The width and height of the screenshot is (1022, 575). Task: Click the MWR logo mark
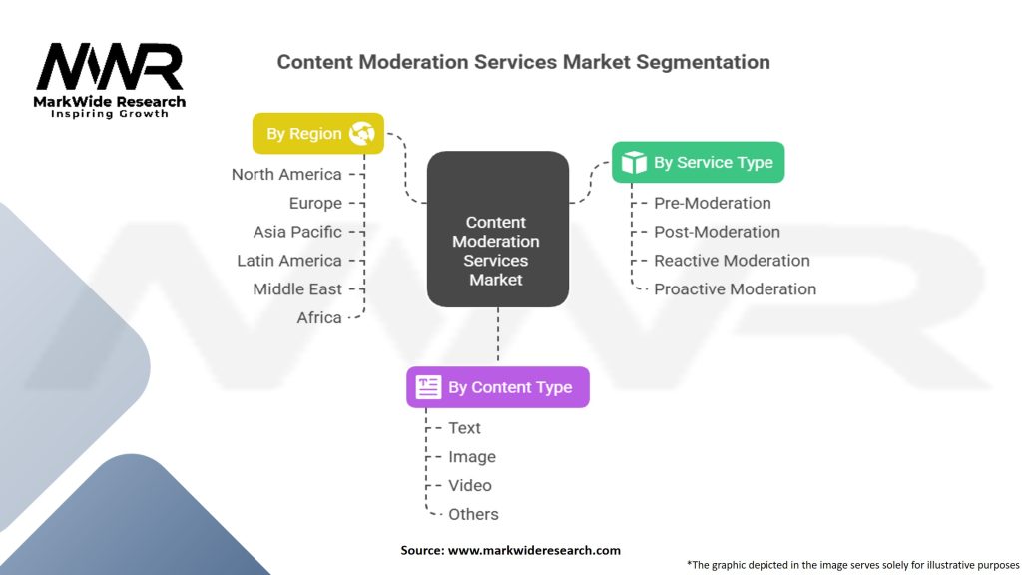coord(110,67)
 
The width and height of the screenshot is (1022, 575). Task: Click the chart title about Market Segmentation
coord(523,62)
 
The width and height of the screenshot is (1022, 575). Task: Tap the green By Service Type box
coord(698,162)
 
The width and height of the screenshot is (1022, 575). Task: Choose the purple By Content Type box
coord(497,387)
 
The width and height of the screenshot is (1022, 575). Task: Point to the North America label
coord(286,175)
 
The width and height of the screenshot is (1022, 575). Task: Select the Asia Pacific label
coord(297,232)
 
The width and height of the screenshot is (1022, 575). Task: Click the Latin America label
coord(289,261)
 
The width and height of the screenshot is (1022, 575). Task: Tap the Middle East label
coord(297,289)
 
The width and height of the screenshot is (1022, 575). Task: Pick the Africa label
coord(319,318)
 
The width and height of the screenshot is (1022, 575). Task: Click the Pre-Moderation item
coord(713,204)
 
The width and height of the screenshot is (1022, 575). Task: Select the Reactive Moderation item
coord(732,261)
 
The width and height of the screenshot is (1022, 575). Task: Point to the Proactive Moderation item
coord(735,289)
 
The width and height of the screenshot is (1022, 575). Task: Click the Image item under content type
coord(472,457)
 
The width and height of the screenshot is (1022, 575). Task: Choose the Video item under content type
coord(470,486)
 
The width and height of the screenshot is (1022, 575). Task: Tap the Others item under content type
coord(473,515)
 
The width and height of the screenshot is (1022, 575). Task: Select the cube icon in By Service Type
coord(634,163)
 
